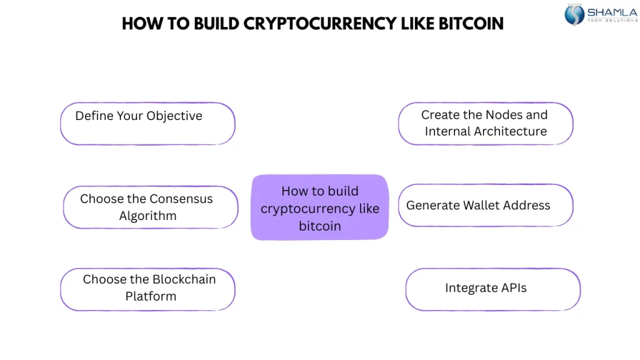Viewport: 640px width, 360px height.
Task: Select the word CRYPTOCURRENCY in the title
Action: (319, 24)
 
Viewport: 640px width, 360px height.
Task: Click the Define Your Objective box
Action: (147, 124)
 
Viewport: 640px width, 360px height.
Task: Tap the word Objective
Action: (174, 116)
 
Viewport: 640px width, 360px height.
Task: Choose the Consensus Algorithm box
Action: (150, 207)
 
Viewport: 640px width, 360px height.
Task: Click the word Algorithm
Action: (147, 216)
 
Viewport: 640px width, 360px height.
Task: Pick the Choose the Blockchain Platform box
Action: (147, 289)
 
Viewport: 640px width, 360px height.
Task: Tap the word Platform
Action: (151, 297)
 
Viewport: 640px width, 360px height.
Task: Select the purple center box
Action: (319, 207)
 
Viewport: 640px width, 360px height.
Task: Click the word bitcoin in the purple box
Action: (319, 226)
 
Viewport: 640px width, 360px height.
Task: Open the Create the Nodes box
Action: (485, 124)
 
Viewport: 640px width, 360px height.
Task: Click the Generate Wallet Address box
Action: (485, 206)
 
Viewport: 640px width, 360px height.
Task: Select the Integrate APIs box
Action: (492, 289)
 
